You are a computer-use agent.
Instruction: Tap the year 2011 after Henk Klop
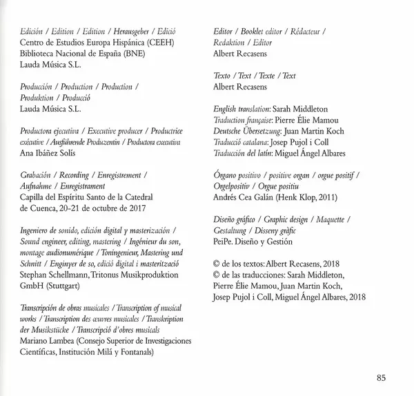pos(335,196)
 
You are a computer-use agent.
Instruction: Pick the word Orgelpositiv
pos(234,185)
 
